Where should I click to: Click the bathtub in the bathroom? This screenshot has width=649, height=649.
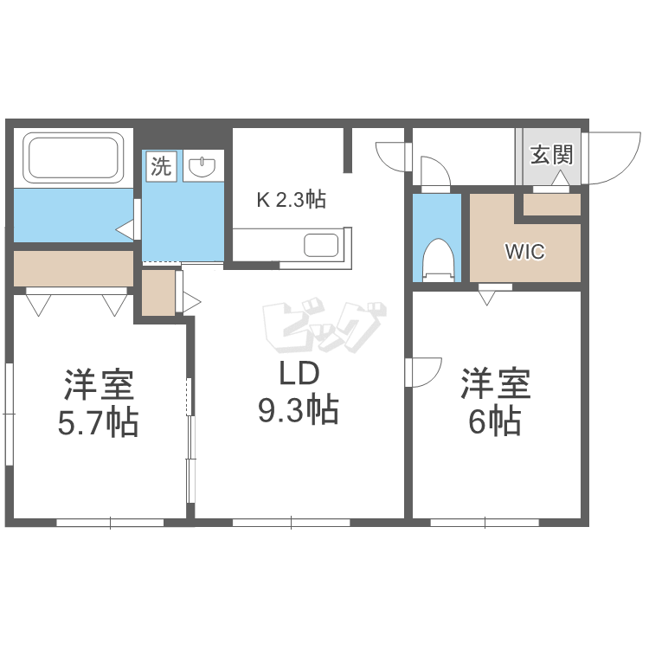pyautogui.click(x=73, y=157)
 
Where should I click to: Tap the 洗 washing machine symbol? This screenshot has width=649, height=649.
pyautogui.click(x=162, y=166)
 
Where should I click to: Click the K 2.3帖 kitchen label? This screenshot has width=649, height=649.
pyautogui.click(x=290, y=200)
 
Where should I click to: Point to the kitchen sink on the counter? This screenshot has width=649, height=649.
pyautogui.click(x=323, y=245)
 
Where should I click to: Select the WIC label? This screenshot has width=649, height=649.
pyautogui.click(x=524, y=253)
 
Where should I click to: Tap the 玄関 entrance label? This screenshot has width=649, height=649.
pyautogui.click(x=551, y=156)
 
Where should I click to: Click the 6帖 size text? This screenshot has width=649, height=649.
pyautogui.click(x=496, y=422)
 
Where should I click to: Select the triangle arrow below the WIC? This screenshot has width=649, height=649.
pyautogui.click(x=487, y=298)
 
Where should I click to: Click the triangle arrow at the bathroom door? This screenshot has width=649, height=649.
pyautogui.click(x=125, y=230)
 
